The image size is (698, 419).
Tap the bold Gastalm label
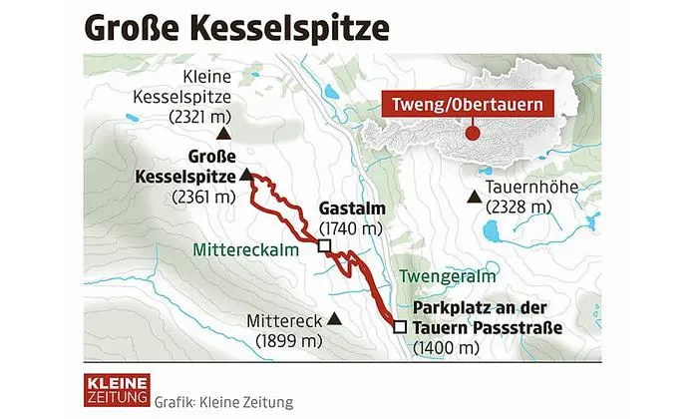click(351, 209)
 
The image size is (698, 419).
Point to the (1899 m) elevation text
click(289, 340)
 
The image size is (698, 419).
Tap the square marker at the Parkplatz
click(400, 326)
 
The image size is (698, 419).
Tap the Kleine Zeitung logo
click(117, 390)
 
